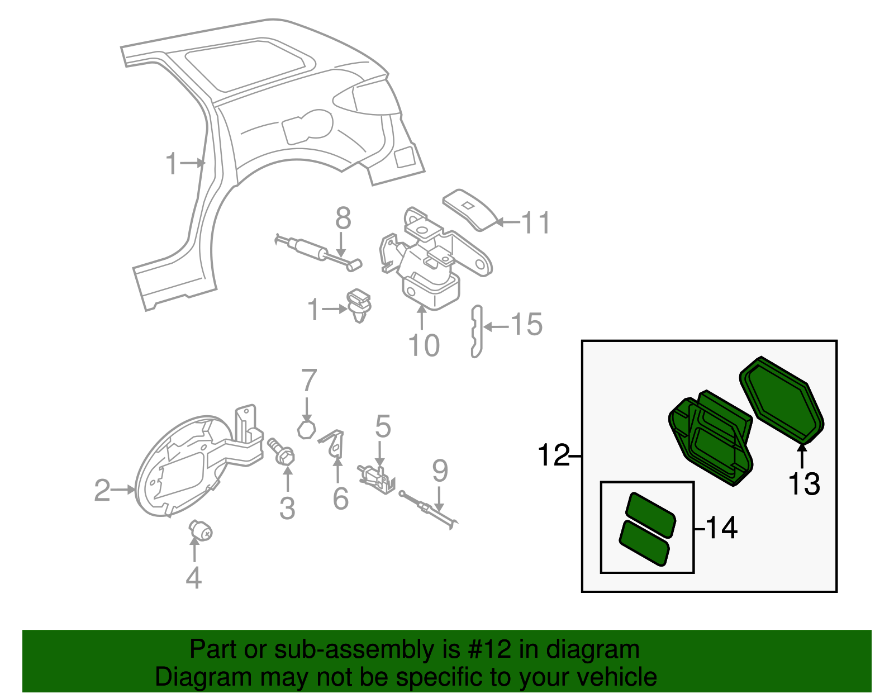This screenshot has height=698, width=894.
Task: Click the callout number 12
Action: pos(553,455)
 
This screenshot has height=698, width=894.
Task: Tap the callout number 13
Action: pos(803,484)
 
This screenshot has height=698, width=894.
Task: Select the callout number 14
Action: pos(721,528)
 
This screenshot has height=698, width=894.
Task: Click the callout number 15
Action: pos(526,325)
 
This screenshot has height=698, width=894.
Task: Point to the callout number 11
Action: pos(535,223)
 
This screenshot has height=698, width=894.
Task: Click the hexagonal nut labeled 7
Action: pos(306,430)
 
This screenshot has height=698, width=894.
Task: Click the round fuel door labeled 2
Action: pos(179,467)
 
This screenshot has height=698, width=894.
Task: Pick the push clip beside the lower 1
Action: pos(359,305)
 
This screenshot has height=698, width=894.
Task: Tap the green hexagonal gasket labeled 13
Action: pos(782,400)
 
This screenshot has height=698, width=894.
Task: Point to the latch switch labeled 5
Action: pos(378,478)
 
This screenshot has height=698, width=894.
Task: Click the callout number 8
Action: pos(343,219)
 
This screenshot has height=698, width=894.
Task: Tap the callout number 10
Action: pos(424,346)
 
